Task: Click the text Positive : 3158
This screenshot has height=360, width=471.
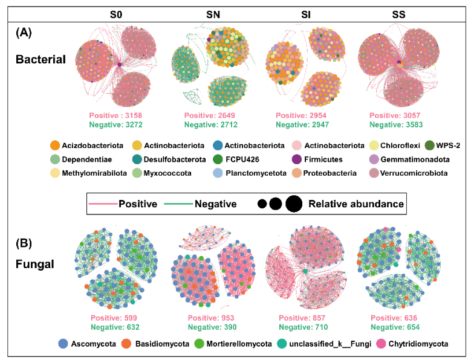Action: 115,115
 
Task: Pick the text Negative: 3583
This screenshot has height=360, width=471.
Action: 395,125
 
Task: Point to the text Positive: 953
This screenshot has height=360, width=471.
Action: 209,318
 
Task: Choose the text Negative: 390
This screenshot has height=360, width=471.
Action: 209,327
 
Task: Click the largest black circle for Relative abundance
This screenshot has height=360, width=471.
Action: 293,204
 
